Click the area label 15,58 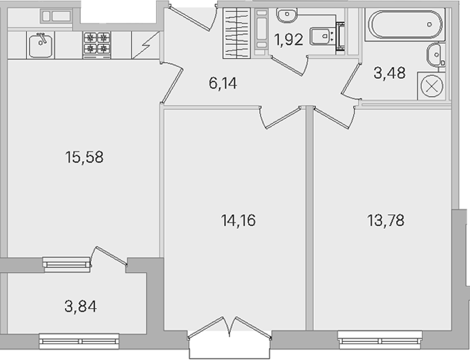pyautogui.click(x=84, y=158)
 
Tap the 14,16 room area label pyautogui.click(x=238, y=220)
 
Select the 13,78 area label pyautogui.click(x=386, y=220)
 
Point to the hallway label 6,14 pyautogui.click(x=223, y=83)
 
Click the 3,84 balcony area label pyautogui.click(x=81, y=307)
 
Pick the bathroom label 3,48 pyautogui.click(x=390, y=73)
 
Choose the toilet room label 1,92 pyautogui.click(x=289, y=40)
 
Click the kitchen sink pyautogui.click(x=41, y=45)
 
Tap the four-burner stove pyautogui.click(x=97, y=45)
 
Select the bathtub pyautogui.click(x=405, y=25)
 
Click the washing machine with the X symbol pyautogui.click(x=431, y=86)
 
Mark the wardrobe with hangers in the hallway pyautogui.click(x=236, y=33)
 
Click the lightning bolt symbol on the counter pyautogui.click(x=146, y=45)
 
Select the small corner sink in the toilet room pyautogui.click(x=287, y=15)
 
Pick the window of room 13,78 pyautogui.click(x=380, y=340)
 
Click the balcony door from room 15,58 pyautogui.click(x=109, y=256)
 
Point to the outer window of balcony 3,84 pyautogui.click(x=79, y=341)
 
